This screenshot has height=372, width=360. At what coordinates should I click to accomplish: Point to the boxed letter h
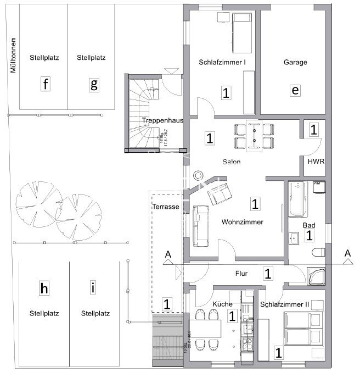pos(45,287)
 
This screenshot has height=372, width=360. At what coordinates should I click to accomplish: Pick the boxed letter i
pos(93,287)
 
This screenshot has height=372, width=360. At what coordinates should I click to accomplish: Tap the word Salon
pos(232,162)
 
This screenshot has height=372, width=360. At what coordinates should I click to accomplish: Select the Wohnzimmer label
pos(243,223)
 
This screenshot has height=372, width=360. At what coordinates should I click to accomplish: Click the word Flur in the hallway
pos(241,273)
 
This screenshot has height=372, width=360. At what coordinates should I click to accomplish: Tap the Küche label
pos(222,304)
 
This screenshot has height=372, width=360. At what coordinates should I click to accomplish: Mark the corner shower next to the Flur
pos(317,276)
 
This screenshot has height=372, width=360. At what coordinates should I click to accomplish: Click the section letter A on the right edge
pos(347,253)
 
